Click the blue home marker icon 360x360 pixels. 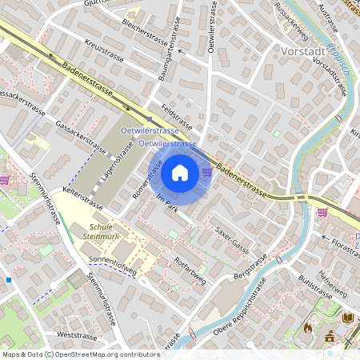coord(179,172)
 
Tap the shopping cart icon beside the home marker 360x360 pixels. coord(207,170)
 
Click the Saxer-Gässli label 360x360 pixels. coord(233,238)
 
